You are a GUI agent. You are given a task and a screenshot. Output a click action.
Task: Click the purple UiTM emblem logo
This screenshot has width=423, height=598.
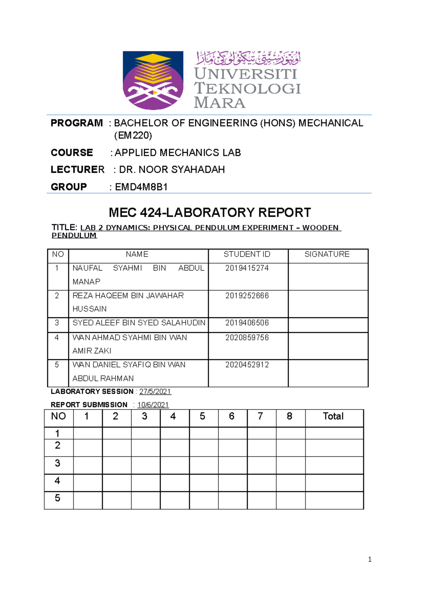coord(153,80)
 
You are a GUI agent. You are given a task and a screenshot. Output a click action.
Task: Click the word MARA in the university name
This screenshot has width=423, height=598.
coord(219,103)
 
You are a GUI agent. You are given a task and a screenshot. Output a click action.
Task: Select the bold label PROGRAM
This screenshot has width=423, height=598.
coord(76,123)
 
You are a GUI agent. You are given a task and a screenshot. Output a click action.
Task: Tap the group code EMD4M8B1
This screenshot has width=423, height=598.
coord(141,187)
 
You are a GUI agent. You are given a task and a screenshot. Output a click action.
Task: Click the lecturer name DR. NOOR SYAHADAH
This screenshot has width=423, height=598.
coord(172,170)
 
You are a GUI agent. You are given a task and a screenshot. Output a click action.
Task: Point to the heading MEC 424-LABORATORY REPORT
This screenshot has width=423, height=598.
coord(210,213)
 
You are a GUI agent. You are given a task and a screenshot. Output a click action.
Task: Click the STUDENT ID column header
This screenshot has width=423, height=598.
coord(247,254)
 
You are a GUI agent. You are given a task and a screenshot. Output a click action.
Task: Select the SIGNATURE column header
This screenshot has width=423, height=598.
coord(327,254)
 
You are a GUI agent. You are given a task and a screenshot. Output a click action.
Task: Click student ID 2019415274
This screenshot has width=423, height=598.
coord(247,268)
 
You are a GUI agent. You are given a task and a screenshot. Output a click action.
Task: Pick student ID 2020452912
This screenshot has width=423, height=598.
coord(247,365)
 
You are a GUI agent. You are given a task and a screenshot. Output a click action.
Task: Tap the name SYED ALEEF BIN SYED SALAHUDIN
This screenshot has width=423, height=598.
coord(139,323)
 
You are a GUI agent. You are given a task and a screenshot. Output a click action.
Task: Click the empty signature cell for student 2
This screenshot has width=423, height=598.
coord(328,304)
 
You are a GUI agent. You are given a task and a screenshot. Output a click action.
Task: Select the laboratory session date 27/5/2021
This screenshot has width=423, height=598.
coord(155,392)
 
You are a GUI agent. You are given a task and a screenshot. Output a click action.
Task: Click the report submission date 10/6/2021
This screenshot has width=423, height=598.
coord(153,405)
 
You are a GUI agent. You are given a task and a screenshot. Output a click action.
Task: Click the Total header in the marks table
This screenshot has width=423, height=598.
coord(333,416)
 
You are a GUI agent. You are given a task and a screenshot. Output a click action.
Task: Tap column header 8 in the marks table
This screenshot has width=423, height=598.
coord(289,416)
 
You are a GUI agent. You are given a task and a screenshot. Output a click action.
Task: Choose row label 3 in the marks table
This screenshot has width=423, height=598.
coord(57,463)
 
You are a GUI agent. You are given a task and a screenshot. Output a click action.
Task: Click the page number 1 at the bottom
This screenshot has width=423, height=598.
coord(369,560)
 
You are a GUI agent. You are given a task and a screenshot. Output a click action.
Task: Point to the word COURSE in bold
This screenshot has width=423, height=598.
coord(72,153)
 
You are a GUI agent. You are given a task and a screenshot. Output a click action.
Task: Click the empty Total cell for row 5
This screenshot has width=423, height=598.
coord(334,500)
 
